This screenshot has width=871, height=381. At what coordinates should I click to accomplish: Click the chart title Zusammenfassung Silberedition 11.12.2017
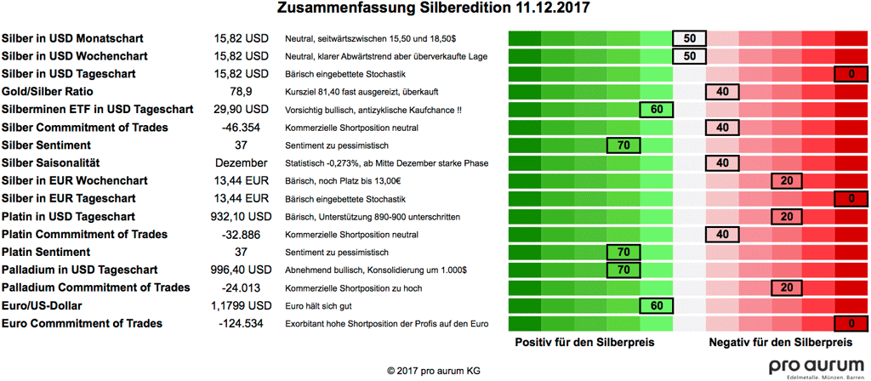pyautogui.click(x=435, y=9)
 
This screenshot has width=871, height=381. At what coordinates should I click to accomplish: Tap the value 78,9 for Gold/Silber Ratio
pyautogui.click(x=242, y=92)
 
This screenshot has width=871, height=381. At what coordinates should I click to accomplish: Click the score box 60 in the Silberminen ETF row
pyautogui.click(x=656, y=110)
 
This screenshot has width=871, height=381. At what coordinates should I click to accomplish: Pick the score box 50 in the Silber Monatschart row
pyautogui.click(x=689, y=38)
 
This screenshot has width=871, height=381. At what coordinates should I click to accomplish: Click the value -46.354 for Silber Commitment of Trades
pyautogui.click(x=242, y=128)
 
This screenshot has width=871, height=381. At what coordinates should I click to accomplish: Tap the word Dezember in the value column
pyautogui.click(x=242, y=163)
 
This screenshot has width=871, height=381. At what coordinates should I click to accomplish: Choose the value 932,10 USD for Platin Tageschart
pyautogui.click(x=242, y=217)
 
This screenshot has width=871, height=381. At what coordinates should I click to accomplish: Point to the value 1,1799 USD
pyautogui.click(x=242, y=306)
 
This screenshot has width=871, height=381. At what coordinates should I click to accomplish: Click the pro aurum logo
pyautogui.click(x=817, y=367)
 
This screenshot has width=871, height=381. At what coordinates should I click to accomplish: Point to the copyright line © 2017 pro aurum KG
pyautogui.click(x=435, y=371)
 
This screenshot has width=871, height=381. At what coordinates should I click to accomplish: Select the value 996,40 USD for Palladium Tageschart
pyautogui.click(x=242, y=270)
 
